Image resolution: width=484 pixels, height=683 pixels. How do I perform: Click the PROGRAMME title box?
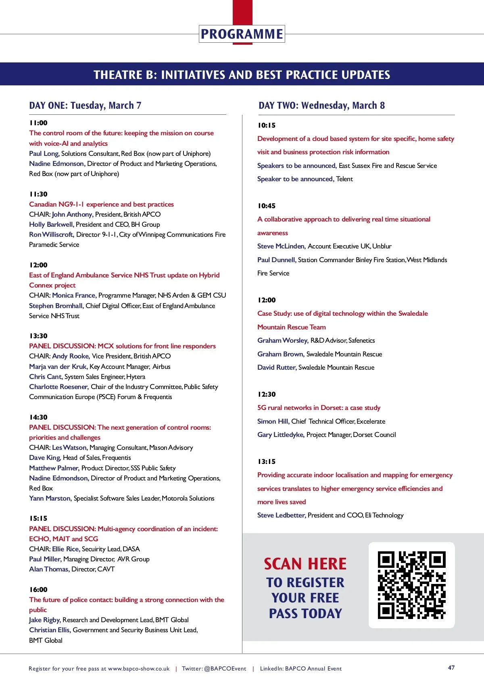tap(242, 34)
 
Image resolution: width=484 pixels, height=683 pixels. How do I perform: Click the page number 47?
tap(451, 668)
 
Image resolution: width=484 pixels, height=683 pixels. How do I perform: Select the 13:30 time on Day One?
tap(38, 336)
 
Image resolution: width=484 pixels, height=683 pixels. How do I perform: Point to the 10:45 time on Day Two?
tap(267, 206)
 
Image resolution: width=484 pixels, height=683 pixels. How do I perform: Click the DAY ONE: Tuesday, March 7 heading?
tap(85, 106)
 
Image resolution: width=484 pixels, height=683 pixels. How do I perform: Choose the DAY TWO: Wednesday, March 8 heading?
tap(321, 106)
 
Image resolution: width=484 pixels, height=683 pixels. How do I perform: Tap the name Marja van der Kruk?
tap(58, 366)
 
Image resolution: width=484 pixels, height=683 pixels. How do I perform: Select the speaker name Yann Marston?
tap(50, 498)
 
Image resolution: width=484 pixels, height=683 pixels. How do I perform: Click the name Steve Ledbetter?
tap(281, 515)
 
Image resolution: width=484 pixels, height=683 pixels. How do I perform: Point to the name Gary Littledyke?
tap(281, 435)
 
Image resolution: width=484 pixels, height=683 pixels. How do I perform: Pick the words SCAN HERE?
tap(305, 564)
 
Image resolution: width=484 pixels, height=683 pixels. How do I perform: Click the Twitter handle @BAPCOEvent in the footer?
tap(225, 669)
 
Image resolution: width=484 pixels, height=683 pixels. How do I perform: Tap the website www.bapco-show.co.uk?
tap(139, 669)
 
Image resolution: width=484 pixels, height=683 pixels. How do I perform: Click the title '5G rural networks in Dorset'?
tap(319, 408)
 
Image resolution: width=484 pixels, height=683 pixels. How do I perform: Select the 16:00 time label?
tap(38, 590)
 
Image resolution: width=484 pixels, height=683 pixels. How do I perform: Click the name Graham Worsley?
tap(283, 340)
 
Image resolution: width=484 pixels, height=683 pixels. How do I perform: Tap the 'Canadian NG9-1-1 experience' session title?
tap(101, 204)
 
